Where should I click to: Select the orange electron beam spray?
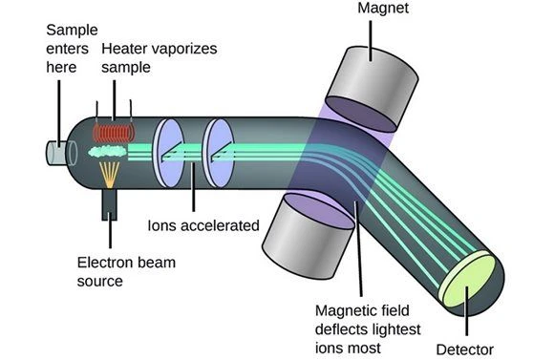tap(113, 174)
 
